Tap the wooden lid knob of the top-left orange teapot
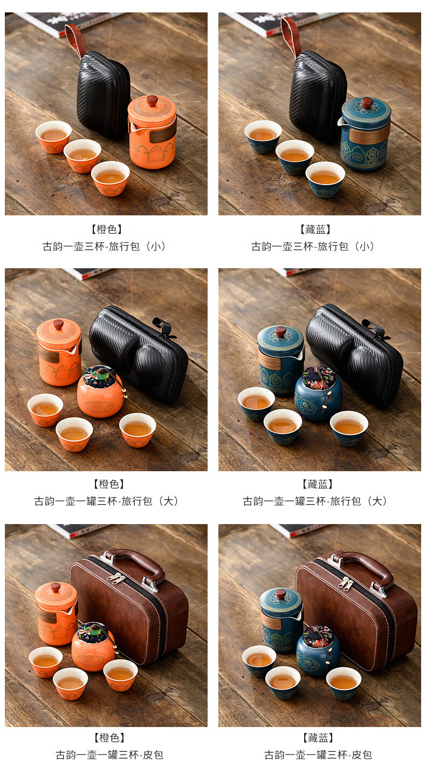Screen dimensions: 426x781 [152, 101]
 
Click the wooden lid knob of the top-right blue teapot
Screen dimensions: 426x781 [367, 103]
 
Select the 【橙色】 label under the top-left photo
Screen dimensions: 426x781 [107, 229]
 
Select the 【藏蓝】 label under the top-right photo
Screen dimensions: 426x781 [315, 229]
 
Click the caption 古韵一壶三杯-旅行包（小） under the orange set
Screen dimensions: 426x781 [104, 247]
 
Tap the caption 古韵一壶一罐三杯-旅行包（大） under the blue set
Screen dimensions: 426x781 [315, 501]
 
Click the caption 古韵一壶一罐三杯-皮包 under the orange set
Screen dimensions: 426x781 [109, 755]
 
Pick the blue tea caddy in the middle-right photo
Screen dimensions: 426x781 [318, 393]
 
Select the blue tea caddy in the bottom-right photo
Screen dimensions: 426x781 [318, 651]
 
